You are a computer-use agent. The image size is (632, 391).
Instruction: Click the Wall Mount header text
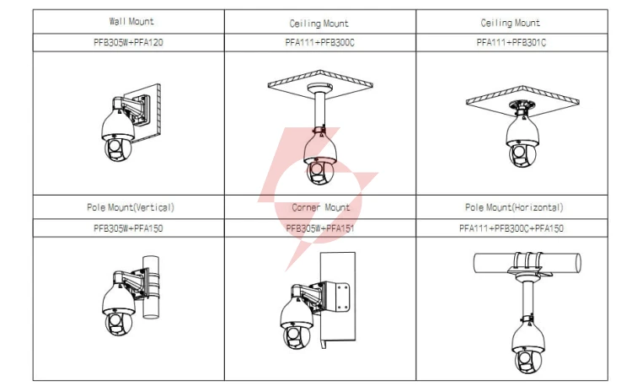click(131, 21)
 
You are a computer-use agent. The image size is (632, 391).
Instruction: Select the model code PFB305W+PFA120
click(128, 42)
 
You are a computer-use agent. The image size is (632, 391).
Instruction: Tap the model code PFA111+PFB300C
click(319, 42)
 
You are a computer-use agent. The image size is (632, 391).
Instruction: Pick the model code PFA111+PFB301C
click(511, 42)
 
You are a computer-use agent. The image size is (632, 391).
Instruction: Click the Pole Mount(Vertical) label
click(131, 207)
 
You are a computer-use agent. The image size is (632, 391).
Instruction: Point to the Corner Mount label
click(321, 207)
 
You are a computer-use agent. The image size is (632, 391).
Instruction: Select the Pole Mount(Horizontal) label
click(514, 207)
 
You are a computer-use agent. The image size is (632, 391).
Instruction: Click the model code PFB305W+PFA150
click(128, 228)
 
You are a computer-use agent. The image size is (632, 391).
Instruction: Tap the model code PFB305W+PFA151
click(320, 228)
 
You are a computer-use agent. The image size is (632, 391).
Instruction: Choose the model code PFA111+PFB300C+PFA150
click(511, 228)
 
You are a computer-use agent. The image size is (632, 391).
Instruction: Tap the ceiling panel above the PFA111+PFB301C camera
click(522, 96)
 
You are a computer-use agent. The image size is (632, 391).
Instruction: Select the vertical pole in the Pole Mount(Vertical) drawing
click(151, 287)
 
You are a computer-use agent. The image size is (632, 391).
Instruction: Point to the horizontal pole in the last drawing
click(527, 263)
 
